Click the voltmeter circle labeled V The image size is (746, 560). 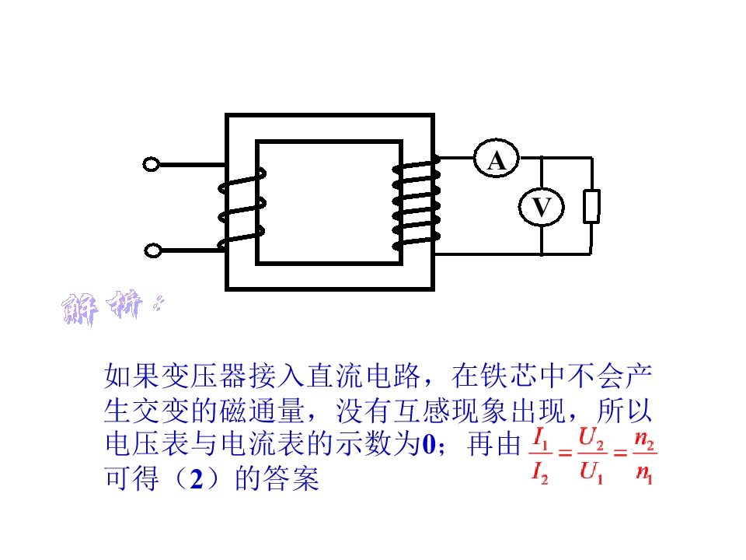542,206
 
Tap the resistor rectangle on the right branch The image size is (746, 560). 591,205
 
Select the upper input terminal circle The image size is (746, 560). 152,165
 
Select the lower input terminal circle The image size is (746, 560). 153,250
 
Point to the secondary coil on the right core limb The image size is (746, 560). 417,204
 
